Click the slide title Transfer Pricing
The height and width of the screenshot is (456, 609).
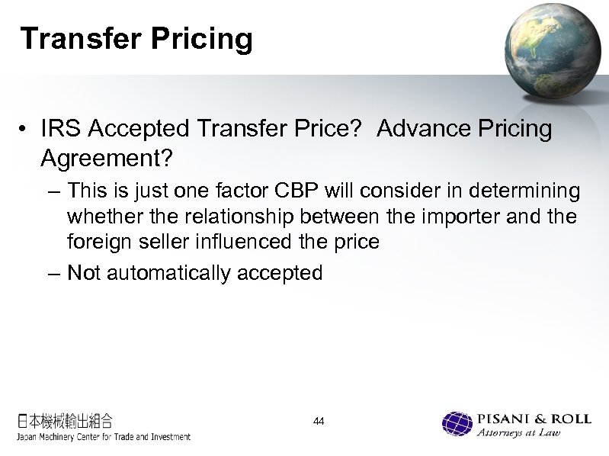click(x=136, y=39)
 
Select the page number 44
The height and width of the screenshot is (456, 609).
click(x=319, y=420)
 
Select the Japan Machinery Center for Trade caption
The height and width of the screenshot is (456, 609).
click(x=104, y=437)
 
